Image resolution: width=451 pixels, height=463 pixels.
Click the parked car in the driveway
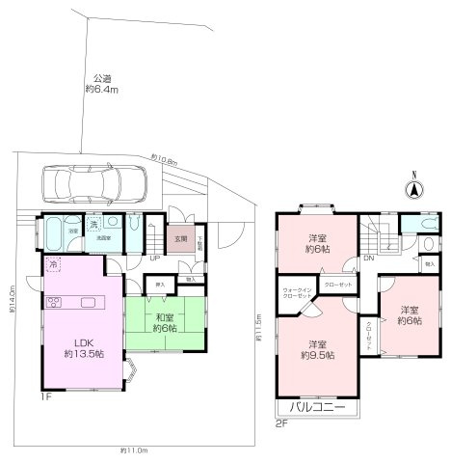click(93, 181)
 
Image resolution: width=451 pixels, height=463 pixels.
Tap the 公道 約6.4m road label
click(100, 85)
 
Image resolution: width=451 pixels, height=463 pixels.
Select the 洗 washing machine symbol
click(93, 225)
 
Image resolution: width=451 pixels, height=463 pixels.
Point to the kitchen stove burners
click(54, 302)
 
